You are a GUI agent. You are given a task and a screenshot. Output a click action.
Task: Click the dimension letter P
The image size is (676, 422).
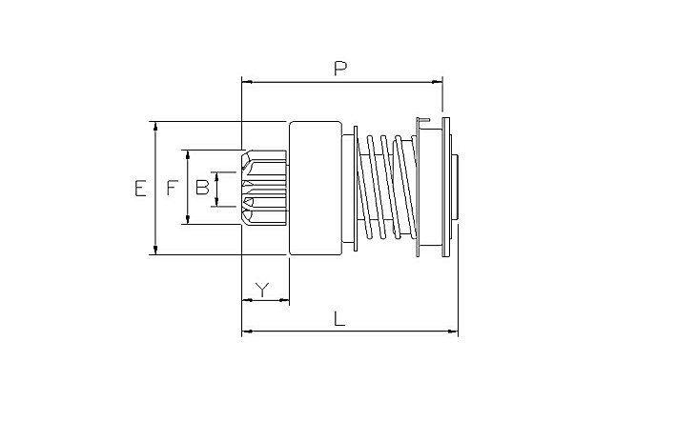pyautogui.click(x=340, y=69)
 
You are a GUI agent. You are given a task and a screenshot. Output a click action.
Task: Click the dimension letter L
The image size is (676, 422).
pyautogui.click(x=339, y=319)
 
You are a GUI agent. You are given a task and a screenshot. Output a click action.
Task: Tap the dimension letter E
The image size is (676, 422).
pyautogui.click(x=140, y=189)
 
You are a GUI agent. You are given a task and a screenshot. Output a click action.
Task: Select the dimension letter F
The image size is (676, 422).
pyautogui.click(x=173, y=188)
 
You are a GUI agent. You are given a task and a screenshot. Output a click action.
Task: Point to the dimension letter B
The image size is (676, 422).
pyautogui.click(x=202, y=188)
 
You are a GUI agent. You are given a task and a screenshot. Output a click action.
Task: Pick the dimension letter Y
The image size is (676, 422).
pyautogui.click(x=262, y=290)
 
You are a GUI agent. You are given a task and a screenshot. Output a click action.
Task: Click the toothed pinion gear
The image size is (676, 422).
pyautogui.click(x=264, y=188)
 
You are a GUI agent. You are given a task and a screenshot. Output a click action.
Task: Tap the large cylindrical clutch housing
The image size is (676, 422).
pyautogui.click(x=316, y=189)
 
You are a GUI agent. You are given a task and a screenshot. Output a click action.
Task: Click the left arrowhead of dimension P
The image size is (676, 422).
pyautogui.click(x=247, y=81)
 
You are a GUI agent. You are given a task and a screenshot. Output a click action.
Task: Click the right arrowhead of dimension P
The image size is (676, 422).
pyautogui.click(x=437, y=81)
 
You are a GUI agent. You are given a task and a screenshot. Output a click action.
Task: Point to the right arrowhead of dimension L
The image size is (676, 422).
pyautogui.click(x=453, y=332)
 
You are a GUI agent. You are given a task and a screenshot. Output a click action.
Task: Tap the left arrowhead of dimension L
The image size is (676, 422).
pyautogui.click(x=247, y=332)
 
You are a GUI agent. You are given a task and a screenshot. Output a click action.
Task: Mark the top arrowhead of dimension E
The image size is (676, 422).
pyautogui.click(x=155, y=127)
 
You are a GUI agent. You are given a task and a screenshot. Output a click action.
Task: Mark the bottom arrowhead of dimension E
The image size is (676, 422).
pyautogui.click(x=155, y=250)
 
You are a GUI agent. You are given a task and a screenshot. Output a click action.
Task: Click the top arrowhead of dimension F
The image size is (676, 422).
pyautogui.click(x=188, y=155)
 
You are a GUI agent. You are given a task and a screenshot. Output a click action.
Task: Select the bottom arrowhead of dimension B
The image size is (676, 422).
pyautogui.click(x=216, y=202)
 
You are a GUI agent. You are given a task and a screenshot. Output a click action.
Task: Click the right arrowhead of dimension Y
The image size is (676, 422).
pyautogui.click(x=284, y=300)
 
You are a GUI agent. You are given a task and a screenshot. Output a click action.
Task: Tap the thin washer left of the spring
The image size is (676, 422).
pyautogui.click(x=356, y=189)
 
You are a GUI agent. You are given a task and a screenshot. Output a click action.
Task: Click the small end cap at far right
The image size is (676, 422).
pyautogui.click(x=456, y=189)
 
